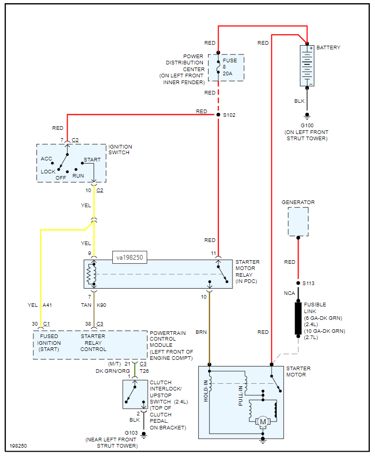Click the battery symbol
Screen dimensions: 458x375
point(307,65)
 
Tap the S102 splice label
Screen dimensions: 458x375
point(229,115)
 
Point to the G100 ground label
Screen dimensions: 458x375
point(307,126)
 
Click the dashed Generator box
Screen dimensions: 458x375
point(298,221)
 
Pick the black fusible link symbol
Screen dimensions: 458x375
point(299,317)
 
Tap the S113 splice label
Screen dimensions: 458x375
point(309,284)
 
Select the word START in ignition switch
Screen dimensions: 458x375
point(92,160)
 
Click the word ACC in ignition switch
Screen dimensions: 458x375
point(47,158)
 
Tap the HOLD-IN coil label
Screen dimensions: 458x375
point(206,391)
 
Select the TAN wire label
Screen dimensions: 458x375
point(86,305)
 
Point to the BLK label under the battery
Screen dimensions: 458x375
point(299,101)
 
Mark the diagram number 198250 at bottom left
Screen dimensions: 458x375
point(18,446)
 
